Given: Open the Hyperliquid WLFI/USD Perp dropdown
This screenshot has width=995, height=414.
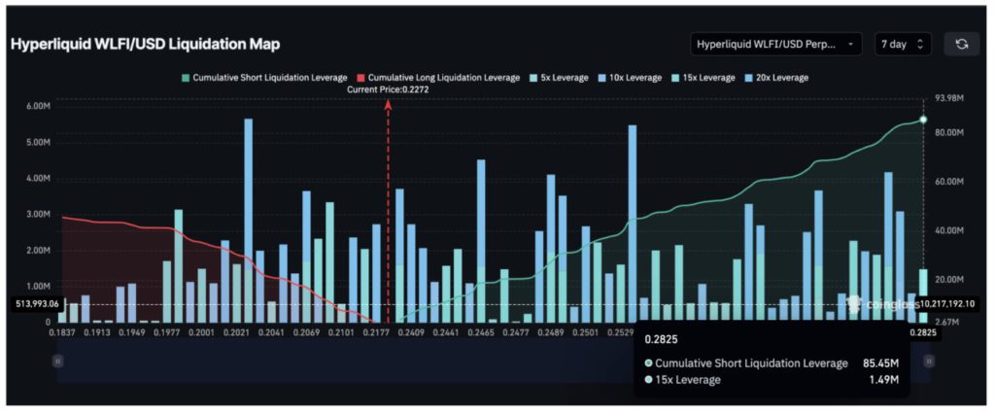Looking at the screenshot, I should point(775,44).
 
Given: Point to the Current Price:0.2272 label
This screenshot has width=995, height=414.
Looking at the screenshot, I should point(389,89).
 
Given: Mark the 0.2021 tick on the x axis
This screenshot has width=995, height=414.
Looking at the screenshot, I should point(237,332).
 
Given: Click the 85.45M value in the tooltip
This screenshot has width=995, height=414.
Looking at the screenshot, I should point(877,362).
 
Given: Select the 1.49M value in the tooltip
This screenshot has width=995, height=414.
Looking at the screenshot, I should point(882,380).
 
